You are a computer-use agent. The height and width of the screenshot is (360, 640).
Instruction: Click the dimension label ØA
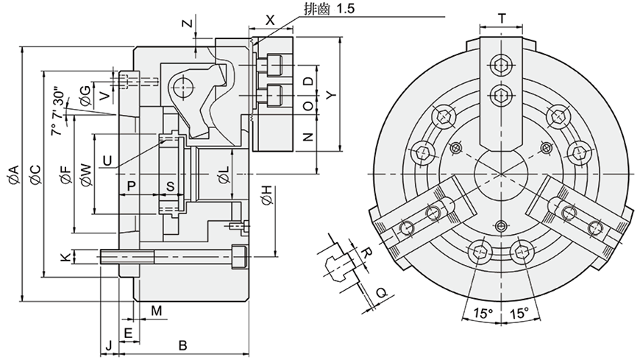[13, 174]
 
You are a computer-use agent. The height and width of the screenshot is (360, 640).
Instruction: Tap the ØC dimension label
[35, 174]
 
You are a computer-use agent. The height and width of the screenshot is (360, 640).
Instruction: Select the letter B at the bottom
[183, 346]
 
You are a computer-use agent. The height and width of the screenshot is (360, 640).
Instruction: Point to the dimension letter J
[109, 346]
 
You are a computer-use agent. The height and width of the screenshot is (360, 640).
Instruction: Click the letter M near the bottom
[157, 311]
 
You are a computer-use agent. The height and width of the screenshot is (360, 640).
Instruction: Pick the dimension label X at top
[270, 20]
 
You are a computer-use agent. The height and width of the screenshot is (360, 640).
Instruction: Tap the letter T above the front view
[502, 18]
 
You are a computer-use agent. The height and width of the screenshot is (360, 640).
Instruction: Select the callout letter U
[107, 160]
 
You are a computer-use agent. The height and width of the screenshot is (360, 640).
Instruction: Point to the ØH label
[266, 195]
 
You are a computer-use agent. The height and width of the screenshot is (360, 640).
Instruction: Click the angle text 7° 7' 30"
[57, 110]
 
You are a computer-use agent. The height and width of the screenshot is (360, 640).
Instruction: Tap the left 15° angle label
[483, 314]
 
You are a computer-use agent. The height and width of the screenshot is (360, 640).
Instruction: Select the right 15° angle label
[519, 314]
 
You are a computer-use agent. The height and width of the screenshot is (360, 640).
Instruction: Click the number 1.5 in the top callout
[346, 9]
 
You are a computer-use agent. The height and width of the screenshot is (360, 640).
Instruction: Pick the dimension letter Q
[381, 292]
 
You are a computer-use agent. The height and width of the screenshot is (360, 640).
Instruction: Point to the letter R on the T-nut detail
[367, 252]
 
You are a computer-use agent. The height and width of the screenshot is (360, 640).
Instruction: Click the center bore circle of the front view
[501, 174]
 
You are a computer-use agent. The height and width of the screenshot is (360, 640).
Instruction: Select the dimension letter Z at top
[187, 23]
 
